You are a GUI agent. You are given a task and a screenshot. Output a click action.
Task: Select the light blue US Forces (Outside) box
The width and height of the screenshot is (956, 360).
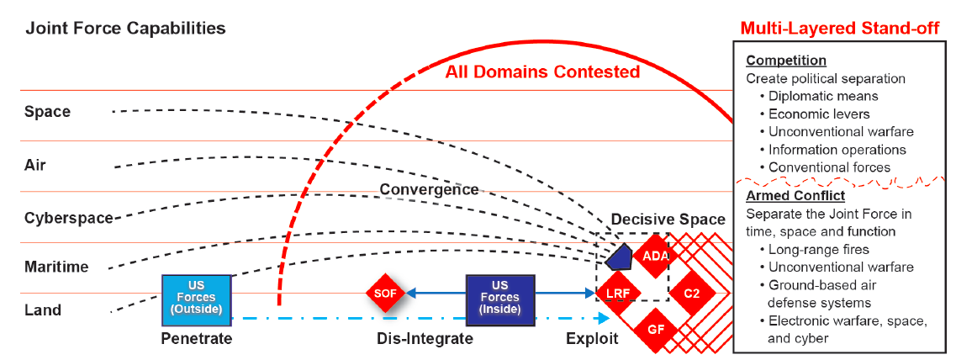coord(196,297)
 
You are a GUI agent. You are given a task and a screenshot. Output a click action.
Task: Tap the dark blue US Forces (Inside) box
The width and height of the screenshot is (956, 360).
coord(500,297)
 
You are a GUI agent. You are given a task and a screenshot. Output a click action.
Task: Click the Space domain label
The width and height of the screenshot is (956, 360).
coord(47,112)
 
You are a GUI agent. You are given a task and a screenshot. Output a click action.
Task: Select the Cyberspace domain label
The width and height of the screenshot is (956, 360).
coord(68,218)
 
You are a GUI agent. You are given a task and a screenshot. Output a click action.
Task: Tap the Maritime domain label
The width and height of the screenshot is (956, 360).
coord(56,267)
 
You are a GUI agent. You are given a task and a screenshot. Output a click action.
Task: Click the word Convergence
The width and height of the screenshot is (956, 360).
coord(429,189)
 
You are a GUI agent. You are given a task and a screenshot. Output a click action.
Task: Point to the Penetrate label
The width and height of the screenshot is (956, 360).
coord(196,338)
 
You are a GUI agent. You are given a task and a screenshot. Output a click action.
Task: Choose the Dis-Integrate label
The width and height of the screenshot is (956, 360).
coord(425,338)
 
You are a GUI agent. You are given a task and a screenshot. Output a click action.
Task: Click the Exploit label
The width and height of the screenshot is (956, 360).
coord(593,338)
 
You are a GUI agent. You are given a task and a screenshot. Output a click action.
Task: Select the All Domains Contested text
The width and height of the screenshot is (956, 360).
coord(542,72)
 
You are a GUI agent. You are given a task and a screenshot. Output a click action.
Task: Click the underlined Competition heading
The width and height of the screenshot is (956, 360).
coord(786,61)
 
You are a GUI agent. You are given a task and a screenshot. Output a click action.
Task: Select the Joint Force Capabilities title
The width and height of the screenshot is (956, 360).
coord(125,28)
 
